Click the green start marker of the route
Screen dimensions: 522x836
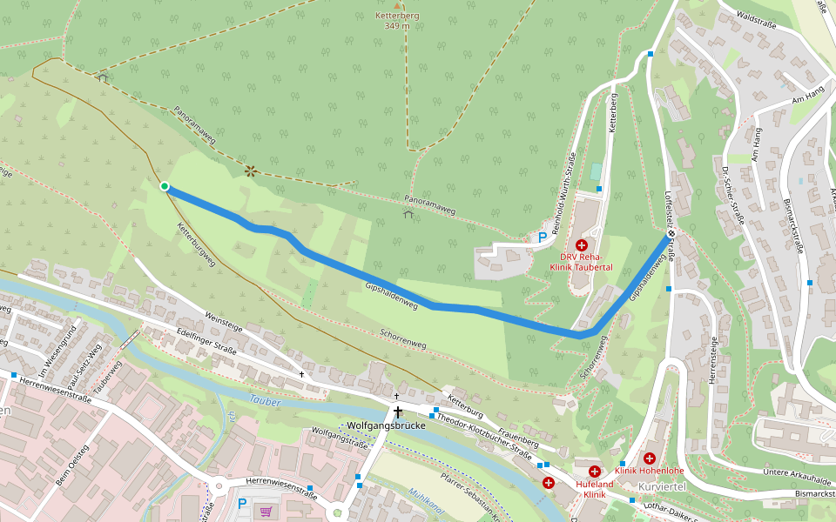click(165, 185)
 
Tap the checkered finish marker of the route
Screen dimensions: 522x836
click(671, 233)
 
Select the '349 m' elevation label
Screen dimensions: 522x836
click(396, 25)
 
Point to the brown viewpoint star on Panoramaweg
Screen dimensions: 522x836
click(251, 171)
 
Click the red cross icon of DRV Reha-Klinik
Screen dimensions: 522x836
click(582, 246)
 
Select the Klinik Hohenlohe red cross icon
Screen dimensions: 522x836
click(650, 458)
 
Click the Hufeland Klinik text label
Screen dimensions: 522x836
click(595, 489)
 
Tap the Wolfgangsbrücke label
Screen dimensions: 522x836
click(386, 426)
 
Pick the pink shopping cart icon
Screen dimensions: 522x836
click(265, 511)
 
